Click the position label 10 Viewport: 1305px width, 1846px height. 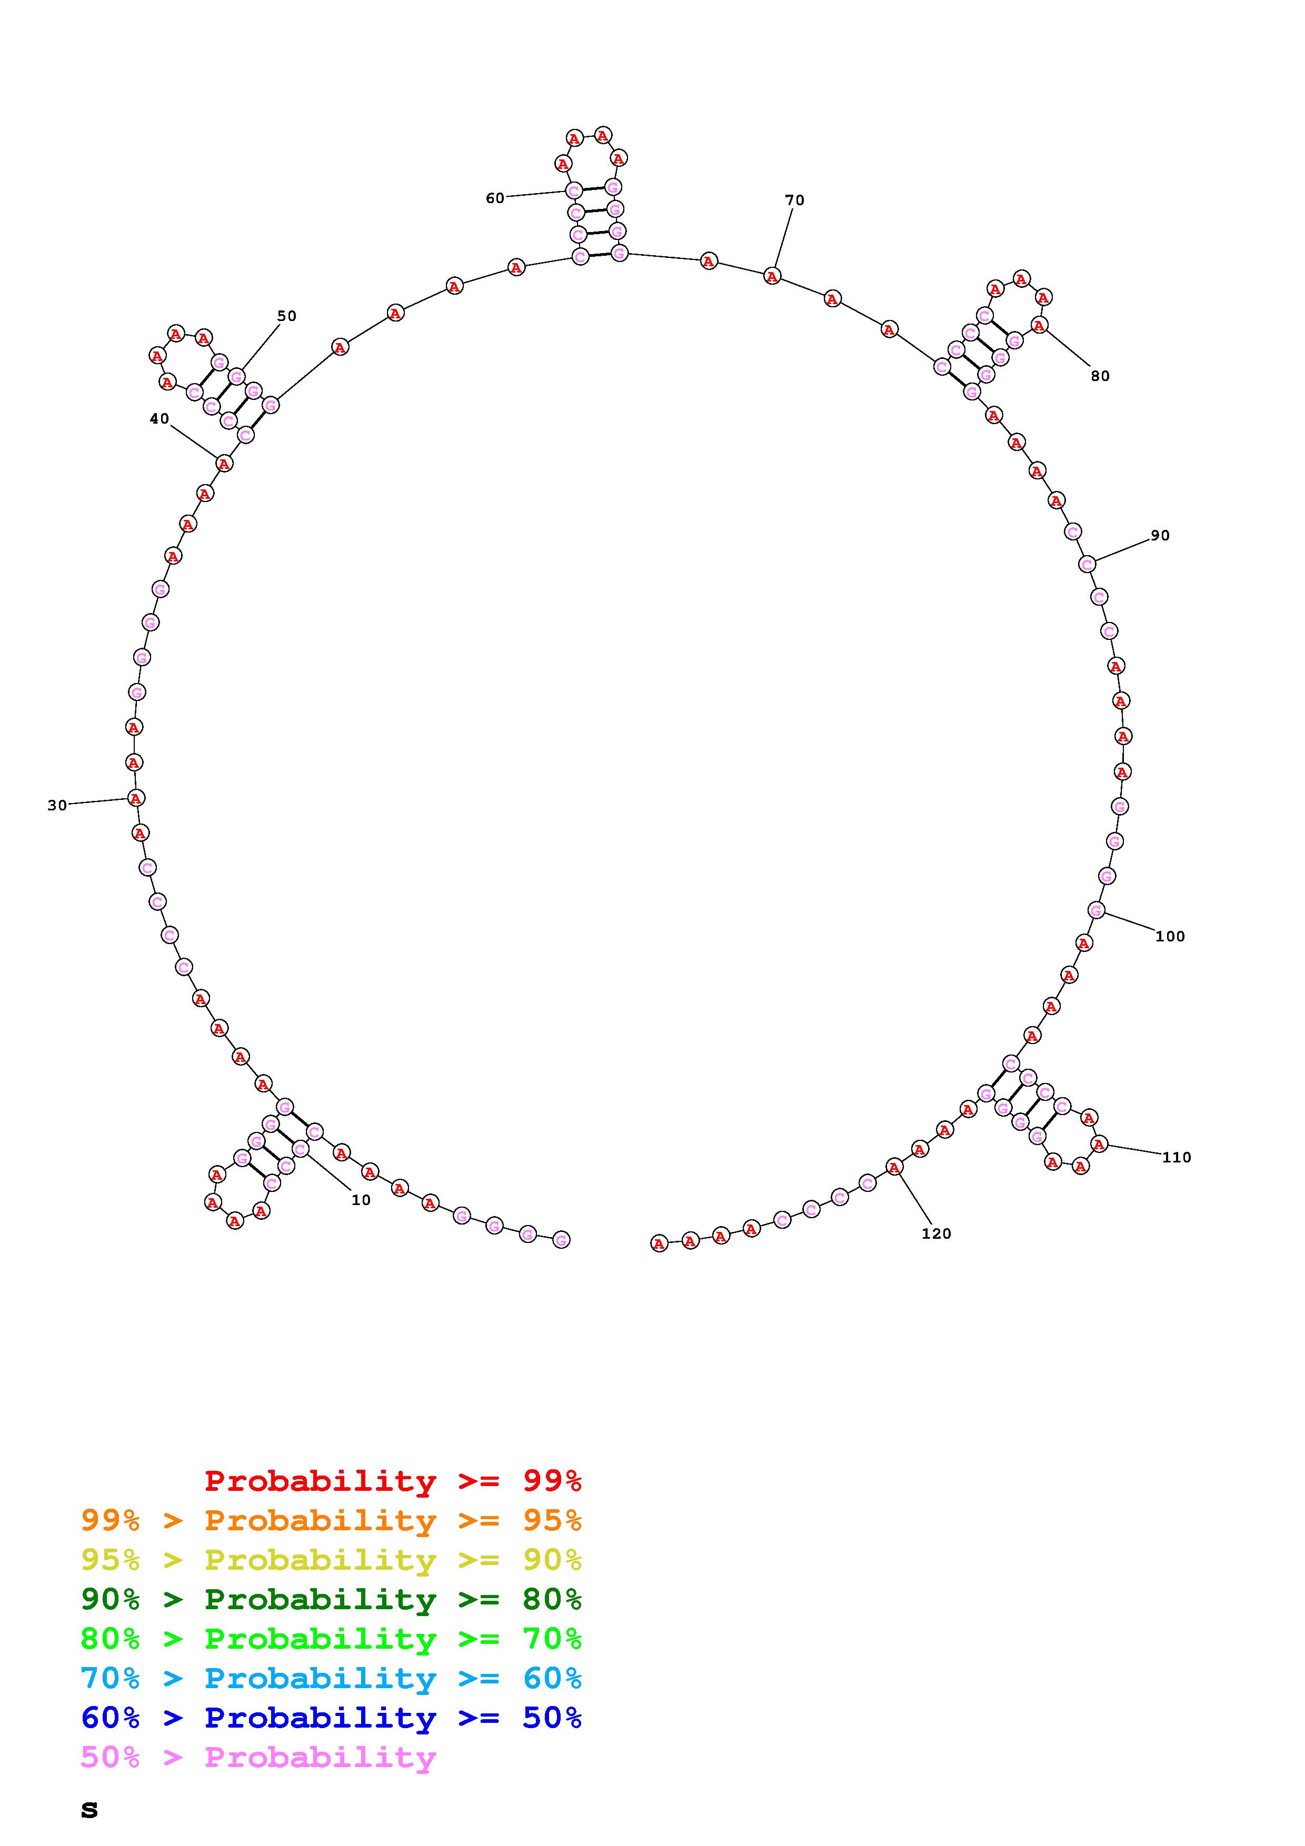(x=361, y=1200)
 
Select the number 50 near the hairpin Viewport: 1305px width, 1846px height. (x=287, y=316)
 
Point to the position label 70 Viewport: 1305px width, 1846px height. (x=794, y=200)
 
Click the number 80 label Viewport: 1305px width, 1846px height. (x=1100, y=376)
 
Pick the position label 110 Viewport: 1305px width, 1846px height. (x=1177, y=1157)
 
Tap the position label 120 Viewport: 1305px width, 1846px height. (x=936, y=1233)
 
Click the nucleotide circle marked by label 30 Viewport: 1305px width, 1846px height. (x=136, y=798)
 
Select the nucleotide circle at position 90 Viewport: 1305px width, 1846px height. (x=1087, y=565)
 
